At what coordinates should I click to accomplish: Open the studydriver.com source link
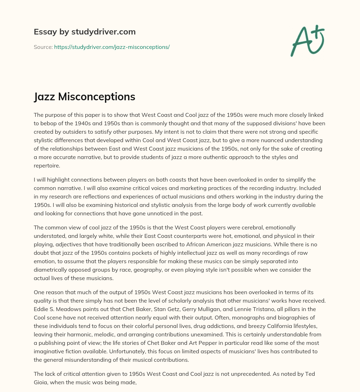point(112,47)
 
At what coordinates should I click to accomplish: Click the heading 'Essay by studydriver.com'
point(84,32)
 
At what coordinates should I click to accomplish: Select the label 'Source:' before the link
point(43,47)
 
